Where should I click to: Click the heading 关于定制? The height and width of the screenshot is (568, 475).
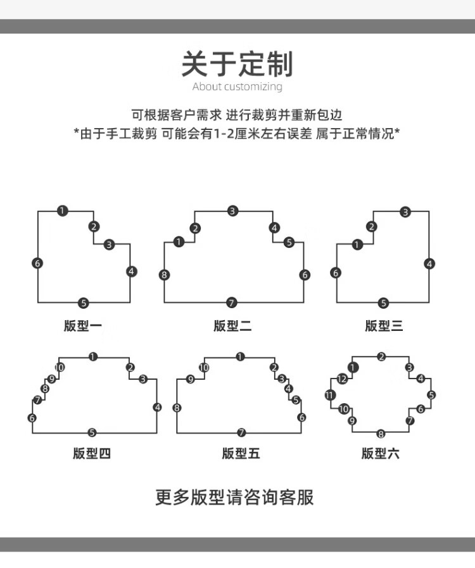[x=237, y=64]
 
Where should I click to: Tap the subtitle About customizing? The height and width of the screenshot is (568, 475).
[x=237, y=87]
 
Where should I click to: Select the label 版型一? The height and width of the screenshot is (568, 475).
[x=83, y=326]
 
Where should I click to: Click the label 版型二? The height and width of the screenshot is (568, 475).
[x=232, y=326]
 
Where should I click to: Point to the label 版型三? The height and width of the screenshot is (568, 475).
[x=384, y=326]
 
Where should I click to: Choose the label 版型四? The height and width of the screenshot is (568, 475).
[x=92, y=453]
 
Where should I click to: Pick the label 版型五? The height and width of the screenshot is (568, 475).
[x=241, y=453]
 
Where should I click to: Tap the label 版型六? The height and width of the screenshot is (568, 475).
[x=381, y=453]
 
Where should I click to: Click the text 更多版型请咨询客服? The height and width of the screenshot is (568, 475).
[x=234, y=498]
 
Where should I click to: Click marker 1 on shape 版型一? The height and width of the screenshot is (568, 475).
[x=62, y=210]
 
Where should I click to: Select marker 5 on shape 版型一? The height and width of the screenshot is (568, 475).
[x=84, y=303]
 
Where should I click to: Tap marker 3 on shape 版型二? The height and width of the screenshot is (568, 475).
[x=233, y=210]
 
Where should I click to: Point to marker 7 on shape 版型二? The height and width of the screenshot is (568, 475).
[x=232, y=302]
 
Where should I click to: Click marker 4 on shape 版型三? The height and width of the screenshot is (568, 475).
[x=429, y=264]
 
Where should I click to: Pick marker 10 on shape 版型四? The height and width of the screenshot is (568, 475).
[x=60, y=367]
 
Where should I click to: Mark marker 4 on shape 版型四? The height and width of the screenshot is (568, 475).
[x=157, y=407]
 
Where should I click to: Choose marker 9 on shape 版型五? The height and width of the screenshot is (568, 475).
[x=191, y=379]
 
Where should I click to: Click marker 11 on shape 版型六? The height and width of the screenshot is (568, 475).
[x=330, y=395]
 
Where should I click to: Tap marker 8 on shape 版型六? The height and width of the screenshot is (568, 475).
[x=381, y=433]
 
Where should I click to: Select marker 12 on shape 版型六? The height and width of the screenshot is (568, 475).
[x=342, y=379]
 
